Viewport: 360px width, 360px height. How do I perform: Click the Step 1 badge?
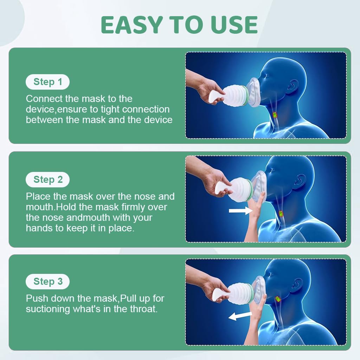click(47, 82)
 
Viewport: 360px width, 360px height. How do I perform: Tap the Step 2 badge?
click(47, 180)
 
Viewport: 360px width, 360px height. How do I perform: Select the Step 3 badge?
click(47, 282)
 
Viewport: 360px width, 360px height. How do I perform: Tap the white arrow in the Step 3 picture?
click(240, 316)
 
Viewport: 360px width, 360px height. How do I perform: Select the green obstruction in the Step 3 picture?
click(278, 299)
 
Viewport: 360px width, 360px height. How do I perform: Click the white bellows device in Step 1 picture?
click(230, 95)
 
